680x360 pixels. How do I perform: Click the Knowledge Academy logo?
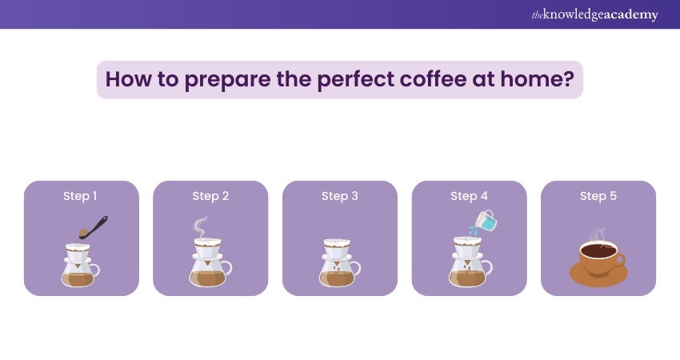594,14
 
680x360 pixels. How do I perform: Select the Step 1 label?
80,196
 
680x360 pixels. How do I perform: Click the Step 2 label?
210,196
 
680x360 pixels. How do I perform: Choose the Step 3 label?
339,196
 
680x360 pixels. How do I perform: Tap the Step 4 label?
469,196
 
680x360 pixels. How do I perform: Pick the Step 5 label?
598,196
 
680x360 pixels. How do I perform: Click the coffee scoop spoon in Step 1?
93,228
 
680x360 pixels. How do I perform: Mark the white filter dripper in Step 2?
208,249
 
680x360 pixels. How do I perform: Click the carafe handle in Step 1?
96,270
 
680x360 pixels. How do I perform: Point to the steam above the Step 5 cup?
597,235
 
